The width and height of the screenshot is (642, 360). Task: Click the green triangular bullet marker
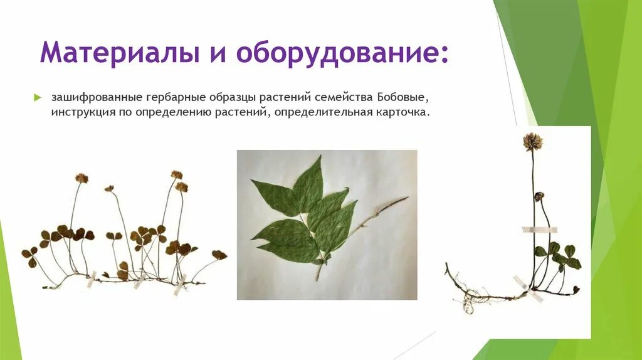coord(37,98)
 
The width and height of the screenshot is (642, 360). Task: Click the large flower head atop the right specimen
coord(533,141)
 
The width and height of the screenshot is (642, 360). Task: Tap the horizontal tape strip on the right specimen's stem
coord(539,230)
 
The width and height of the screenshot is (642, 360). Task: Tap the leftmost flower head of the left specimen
coord(82,178)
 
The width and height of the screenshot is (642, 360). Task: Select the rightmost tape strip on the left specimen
coord(181,283)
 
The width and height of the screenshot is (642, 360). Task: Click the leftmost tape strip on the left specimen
coord(92,277)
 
